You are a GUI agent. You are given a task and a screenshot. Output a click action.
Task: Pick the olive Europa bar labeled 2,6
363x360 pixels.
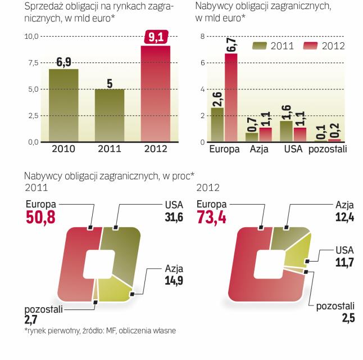(217, 125)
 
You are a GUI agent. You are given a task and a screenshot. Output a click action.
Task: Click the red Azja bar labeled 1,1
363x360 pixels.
(265, 135)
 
